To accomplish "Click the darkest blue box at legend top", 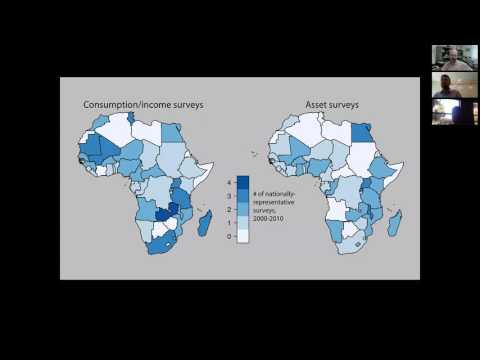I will click(243, 182).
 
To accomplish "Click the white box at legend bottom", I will click(243, 236).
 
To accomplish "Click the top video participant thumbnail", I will click(447, 57).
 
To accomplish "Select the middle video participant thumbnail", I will click(447, 85).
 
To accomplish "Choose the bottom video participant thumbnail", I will click(447, 112).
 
